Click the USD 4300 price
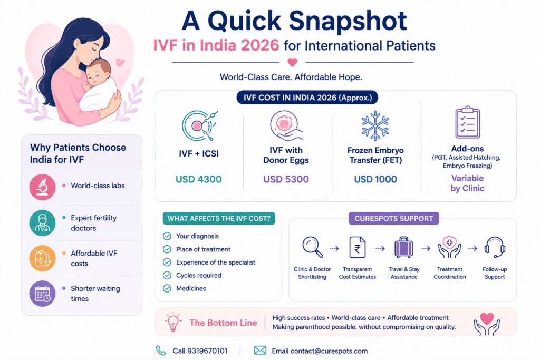tap(199, 179)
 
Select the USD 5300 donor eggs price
tap(286, 179)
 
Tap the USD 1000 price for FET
tap(375, 179)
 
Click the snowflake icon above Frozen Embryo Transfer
tap(375, 125)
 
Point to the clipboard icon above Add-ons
tap(467, 122)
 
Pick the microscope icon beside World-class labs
tap(42, 187)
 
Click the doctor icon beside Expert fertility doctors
tap(42, 223)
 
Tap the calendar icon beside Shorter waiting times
tap(42, 294)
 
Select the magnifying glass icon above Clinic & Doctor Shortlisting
tap(313, 247)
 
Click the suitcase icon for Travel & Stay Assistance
tap(403, 247)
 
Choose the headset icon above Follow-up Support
tap(495, 247)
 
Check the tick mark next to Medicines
tap(167, 288)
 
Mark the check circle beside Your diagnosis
tap(167, 236)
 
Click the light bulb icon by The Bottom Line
tap(173, 322)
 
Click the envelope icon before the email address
tap(260, 351)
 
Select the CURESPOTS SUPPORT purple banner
tap(393, 219)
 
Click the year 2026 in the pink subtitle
tap(260, 45)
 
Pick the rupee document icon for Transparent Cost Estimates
tap(358, 247)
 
